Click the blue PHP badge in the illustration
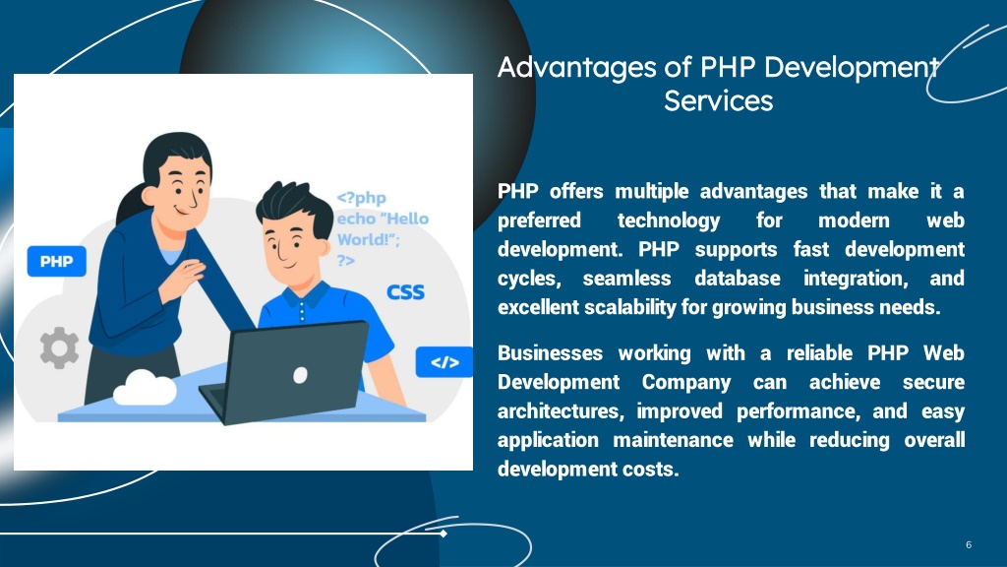pos(56,261)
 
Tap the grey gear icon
pos(59,347)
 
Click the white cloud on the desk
pos(145,388)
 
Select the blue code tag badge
pos(444,362)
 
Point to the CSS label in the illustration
pos(405,292)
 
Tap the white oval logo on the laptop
pos(300,375)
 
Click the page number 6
pos(969,544)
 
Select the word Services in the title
pos(719,101)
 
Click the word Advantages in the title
pos(576,68)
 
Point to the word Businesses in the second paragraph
pos(550,353)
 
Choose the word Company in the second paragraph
pos(685,383)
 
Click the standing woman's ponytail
pos(130,205)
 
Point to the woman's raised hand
pos(184,277)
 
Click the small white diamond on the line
pos(444,533)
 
